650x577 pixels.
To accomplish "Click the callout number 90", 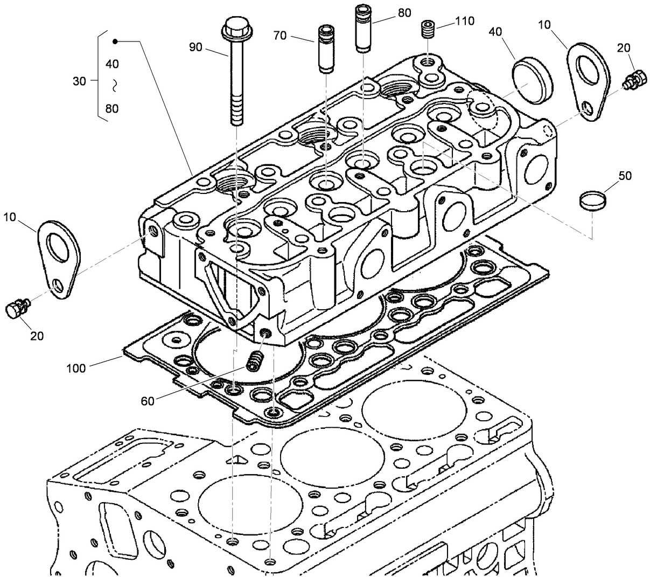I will tap(195, 47).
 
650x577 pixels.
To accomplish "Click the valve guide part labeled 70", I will tap(325, 48).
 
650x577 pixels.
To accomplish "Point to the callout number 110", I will tap(464, 21).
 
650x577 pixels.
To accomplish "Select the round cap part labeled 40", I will tap(532, 81).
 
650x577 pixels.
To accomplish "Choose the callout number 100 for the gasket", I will tap(76, 369).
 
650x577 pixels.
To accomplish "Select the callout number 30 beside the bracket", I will tap(79, 81).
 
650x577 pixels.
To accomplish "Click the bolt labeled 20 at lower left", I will tap(17, 310).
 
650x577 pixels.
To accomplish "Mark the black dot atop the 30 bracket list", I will tap(115, 41).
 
